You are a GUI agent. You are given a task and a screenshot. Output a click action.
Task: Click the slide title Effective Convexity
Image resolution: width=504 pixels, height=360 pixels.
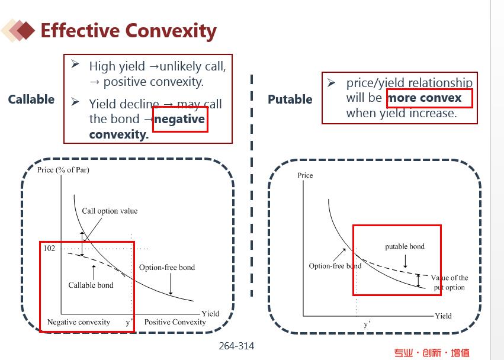[x=129, y=31]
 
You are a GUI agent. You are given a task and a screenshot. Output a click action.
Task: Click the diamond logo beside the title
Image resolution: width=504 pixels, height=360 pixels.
[x=18, y=31]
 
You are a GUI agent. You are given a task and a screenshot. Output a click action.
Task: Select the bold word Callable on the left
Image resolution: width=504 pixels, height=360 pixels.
[x=31, y=99]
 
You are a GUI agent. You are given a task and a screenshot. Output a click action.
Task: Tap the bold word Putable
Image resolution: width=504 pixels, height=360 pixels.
[x=290, y=99]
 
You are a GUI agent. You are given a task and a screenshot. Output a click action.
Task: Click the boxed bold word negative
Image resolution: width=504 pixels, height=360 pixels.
[x=179, y=119]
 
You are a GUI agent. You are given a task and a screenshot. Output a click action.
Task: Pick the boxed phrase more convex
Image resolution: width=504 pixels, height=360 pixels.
[x=425, y=97]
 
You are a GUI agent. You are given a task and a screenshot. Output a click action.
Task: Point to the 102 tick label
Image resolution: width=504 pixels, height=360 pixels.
[x=49, y=248]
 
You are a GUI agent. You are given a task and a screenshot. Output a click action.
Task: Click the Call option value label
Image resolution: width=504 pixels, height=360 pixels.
[x=110, y=211]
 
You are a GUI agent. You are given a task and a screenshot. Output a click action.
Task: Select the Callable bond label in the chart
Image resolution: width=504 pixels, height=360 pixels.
[x=91, y=285]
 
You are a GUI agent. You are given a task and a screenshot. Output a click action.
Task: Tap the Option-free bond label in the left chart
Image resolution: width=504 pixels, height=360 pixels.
[x=167, y=268]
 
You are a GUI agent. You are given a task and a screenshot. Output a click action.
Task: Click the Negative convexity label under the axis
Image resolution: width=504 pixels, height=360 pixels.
[x=78, y=322]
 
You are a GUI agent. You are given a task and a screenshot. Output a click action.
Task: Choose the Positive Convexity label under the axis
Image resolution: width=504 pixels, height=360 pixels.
[x=175, y=322]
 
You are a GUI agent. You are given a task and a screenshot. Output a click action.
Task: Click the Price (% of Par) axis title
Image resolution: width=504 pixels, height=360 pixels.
[x=63, y=170]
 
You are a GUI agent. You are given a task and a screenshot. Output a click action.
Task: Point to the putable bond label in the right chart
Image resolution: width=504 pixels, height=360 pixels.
[x=405, y=246]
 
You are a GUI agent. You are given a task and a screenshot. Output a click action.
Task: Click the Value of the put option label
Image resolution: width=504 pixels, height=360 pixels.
[x=450, y=282]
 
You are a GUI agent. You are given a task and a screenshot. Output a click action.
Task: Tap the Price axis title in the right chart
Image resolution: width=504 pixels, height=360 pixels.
[x=305, y=175]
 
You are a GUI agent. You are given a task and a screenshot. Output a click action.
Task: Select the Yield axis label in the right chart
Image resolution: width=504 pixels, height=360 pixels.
[x=443, y=316]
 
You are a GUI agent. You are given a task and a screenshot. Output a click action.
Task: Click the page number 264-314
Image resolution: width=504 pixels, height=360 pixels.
[x=236, y=346]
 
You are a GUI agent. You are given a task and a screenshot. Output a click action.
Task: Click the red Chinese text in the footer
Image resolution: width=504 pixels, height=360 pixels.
[x=432, y=353]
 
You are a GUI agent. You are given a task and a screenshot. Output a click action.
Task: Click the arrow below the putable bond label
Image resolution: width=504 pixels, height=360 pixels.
[x=405, y=261]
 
